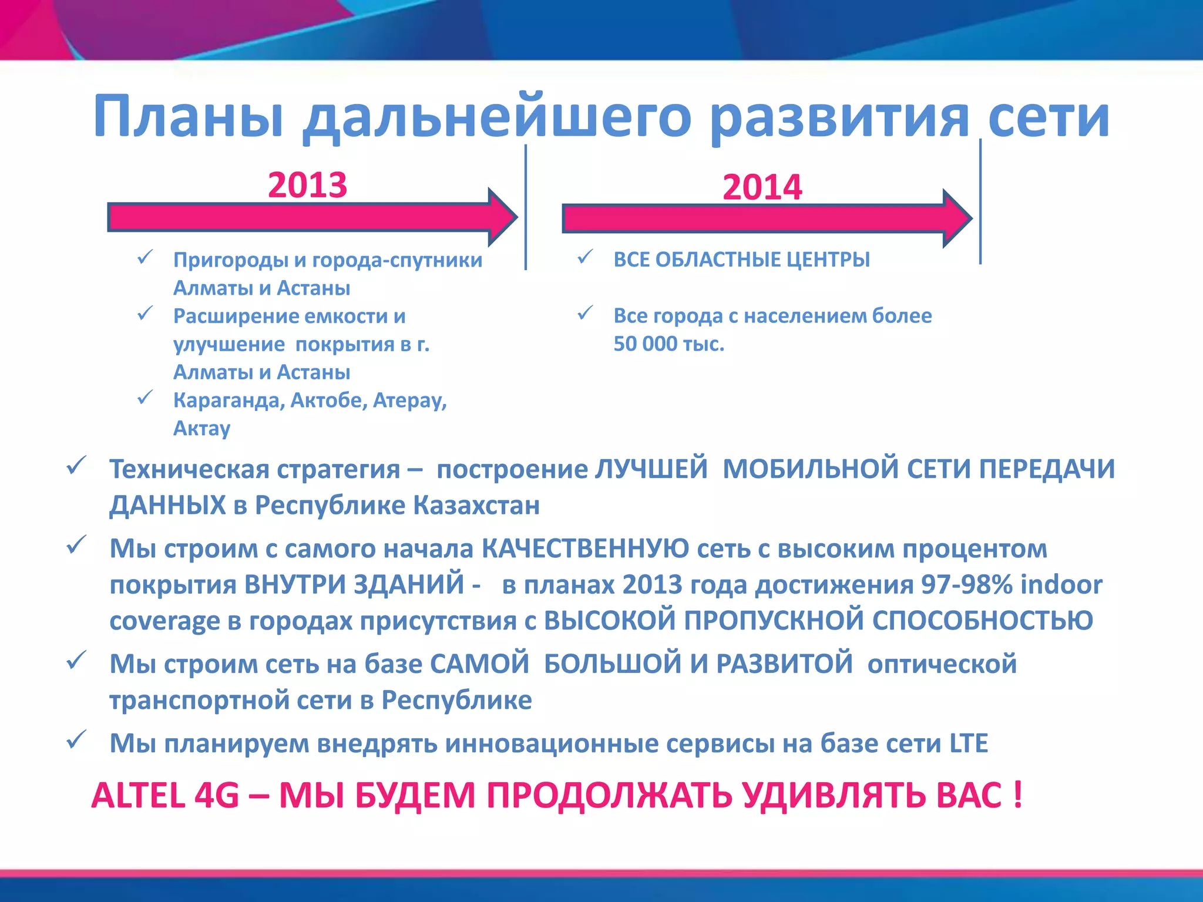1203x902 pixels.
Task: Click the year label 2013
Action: (307, 185)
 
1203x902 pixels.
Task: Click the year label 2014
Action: (762, 187)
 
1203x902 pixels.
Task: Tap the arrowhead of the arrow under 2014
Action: (957, 218)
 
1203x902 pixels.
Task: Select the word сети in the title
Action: (1049, 117)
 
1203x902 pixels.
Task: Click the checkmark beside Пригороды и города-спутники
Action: (145, 257)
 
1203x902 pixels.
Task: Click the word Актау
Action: (201, 429)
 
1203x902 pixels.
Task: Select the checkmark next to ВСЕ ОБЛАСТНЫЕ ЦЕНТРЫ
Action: (585, 257)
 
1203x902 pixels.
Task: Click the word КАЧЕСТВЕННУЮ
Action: (585, 549)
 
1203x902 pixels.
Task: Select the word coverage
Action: (164, 621)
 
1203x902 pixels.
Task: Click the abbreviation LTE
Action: (969, 743)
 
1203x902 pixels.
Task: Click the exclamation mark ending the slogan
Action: (1017, 795)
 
